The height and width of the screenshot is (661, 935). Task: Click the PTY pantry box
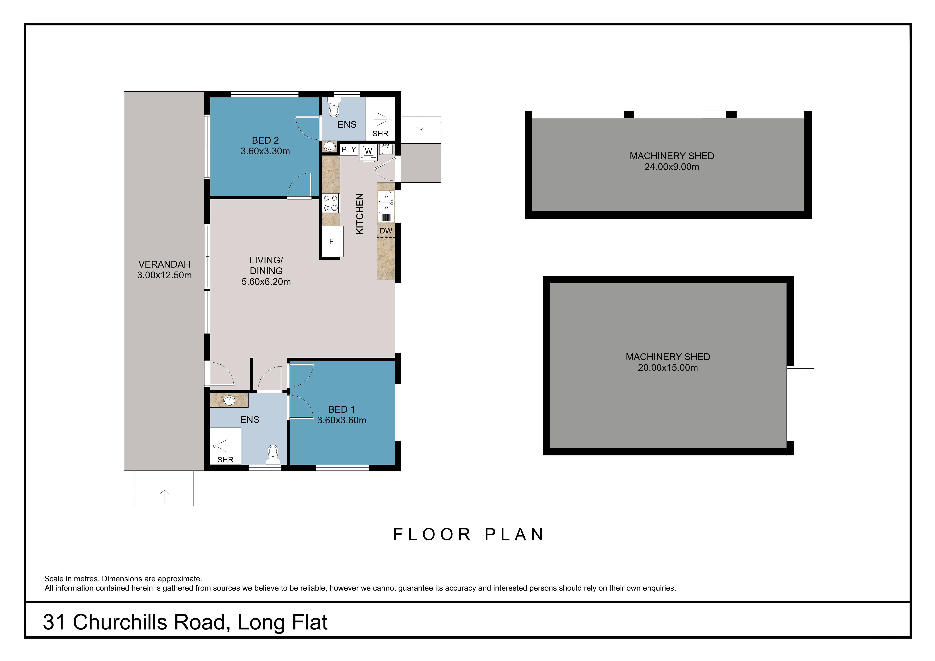[x=349, y=149]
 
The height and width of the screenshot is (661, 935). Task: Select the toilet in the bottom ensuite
[x=273, y=454]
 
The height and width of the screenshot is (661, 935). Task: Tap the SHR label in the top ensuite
[x=380, y=134]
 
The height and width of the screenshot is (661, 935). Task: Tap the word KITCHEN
[x=360, y=214]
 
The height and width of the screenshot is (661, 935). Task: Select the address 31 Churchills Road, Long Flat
[x=185, y=622]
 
